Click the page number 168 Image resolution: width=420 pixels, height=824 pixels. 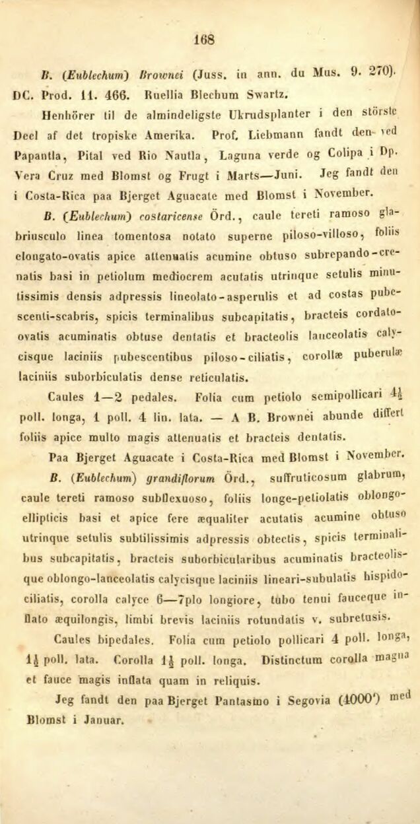coord(205,39)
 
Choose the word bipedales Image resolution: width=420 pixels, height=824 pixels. coord(125,639)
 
